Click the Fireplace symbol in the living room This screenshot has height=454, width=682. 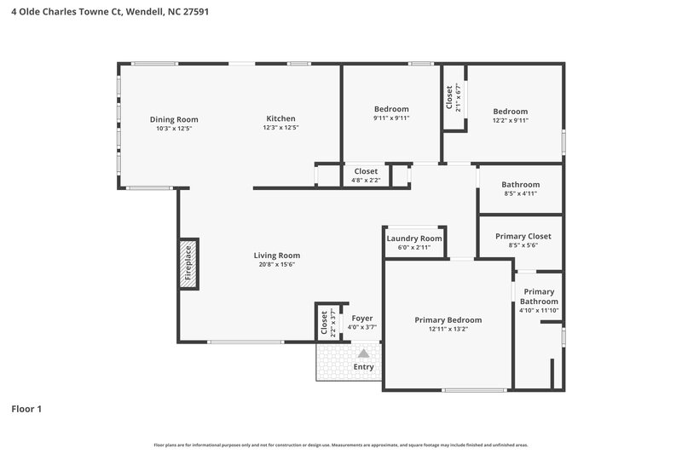(188, 264)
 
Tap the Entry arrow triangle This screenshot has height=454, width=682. (363, 353)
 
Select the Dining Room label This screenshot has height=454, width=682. (174, 119)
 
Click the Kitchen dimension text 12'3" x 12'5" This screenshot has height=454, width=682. (280, 129)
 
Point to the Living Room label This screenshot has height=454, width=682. (277, 255)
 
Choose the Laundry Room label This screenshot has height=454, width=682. (414, 238)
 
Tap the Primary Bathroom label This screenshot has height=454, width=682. (539, 296)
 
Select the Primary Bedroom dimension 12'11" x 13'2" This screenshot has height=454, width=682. (448, 329)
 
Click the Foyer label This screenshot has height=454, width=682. (362, 319)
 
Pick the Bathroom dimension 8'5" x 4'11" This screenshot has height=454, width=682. (520, 194)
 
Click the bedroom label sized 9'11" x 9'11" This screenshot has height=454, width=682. (391, 109)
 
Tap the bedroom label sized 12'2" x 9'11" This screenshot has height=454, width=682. (510, 112)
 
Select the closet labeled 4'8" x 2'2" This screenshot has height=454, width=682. (366, 171)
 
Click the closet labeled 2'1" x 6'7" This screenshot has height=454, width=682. (449, 98)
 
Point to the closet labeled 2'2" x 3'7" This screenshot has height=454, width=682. (324, 323)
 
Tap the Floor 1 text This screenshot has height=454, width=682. (26, 409)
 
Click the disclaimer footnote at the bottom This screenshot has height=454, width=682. (340, 445)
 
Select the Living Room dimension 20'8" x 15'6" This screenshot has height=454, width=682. (277, 264)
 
